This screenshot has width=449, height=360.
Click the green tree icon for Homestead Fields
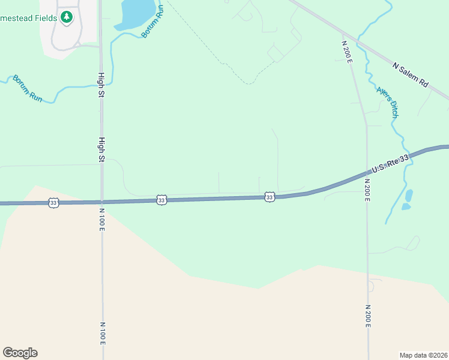(x=67, y=17)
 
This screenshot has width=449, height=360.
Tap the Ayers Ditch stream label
(x=387, y=101)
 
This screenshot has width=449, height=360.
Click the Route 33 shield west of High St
(x=54, y=203)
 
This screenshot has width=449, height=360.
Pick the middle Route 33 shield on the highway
(x=161, y=200)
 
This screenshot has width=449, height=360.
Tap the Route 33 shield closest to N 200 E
(x=270, y=197)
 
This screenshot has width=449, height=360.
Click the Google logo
(x=20, y=353)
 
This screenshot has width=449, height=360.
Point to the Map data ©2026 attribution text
(x=423, y=355)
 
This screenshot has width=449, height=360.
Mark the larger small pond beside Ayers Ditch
(x=409, y=195)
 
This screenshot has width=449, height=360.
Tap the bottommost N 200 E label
(x=367, y=316)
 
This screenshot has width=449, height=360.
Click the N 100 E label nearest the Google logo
(x=103, y=333)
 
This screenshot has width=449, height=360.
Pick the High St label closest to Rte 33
(x=101, y=150)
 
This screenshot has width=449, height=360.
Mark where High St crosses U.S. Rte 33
(x=102, y=202)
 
